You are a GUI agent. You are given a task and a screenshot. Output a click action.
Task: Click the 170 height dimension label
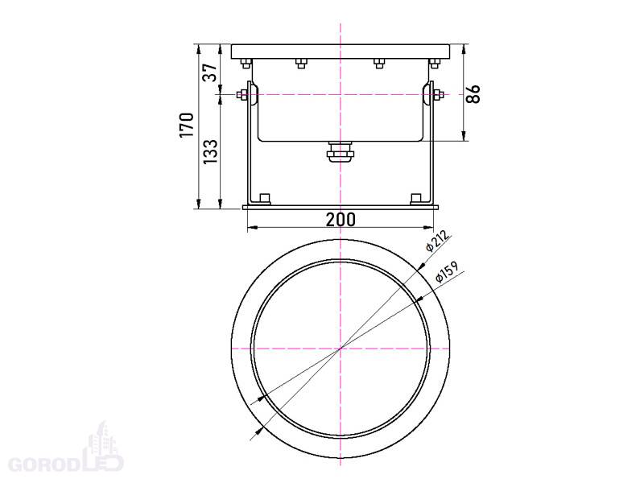pyautogui.click(x=187, y=125)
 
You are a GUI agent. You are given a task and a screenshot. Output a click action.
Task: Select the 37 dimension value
pyautogui.click(x=210, y=72)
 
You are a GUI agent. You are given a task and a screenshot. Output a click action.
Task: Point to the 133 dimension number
pyautogui.click(x=210, y=151)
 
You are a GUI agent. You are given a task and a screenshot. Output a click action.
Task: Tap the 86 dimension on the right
pyautogui.click(x=473, y=94)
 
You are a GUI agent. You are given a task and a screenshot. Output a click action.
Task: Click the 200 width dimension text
pyautogui.click(x=341, y=220)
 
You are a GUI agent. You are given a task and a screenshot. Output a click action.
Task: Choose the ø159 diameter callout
pyautogui.click(x=447, y=272)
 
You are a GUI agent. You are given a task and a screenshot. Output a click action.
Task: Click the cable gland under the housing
pyautogui.click(x=340, y=151)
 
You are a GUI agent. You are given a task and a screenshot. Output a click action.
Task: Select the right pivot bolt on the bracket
pyautogui.click(x=438, y=95)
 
